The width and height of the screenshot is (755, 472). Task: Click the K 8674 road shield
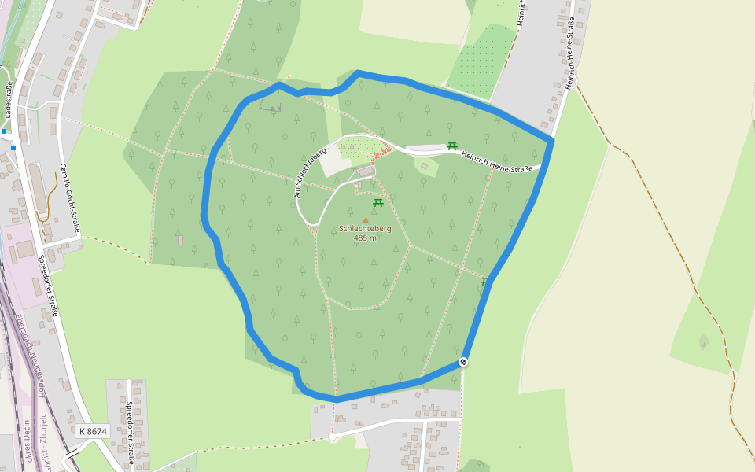click(x=93, y=431)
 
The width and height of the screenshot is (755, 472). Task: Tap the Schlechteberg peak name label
click(x=365, y=229)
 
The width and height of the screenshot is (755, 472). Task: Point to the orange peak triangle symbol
click(x=365, y=220)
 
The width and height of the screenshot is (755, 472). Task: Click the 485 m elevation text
click(x=365, y=238)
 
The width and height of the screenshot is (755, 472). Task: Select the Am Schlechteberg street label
click(x=310, y=172)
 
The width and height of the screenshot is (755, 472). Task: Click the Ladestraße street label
click(x=9, y=101)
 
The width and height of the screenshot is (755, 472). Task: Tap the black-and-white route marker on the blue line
click(x=463, y=362)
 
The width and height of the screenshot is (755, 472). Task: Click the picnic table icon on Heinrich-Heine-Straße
click(x=452, y=146)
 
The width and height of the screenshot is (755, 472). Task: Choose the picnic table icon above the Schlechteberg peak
click(x=378, y=203)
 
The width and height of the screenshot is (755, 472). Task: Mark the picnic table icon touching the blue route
click(x=484, y=281)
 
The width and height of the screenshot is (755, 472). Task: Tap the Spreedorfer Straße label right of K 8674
click(x=131, y=432)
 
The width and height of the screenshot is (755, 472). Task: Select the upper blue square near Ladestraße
click(x=4, y=131)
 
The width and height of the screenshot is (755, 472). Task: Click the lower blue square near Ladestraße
click(x=13, y=147)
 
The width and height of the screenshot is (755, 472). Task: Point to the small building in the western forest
click(x=180, y=240)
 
